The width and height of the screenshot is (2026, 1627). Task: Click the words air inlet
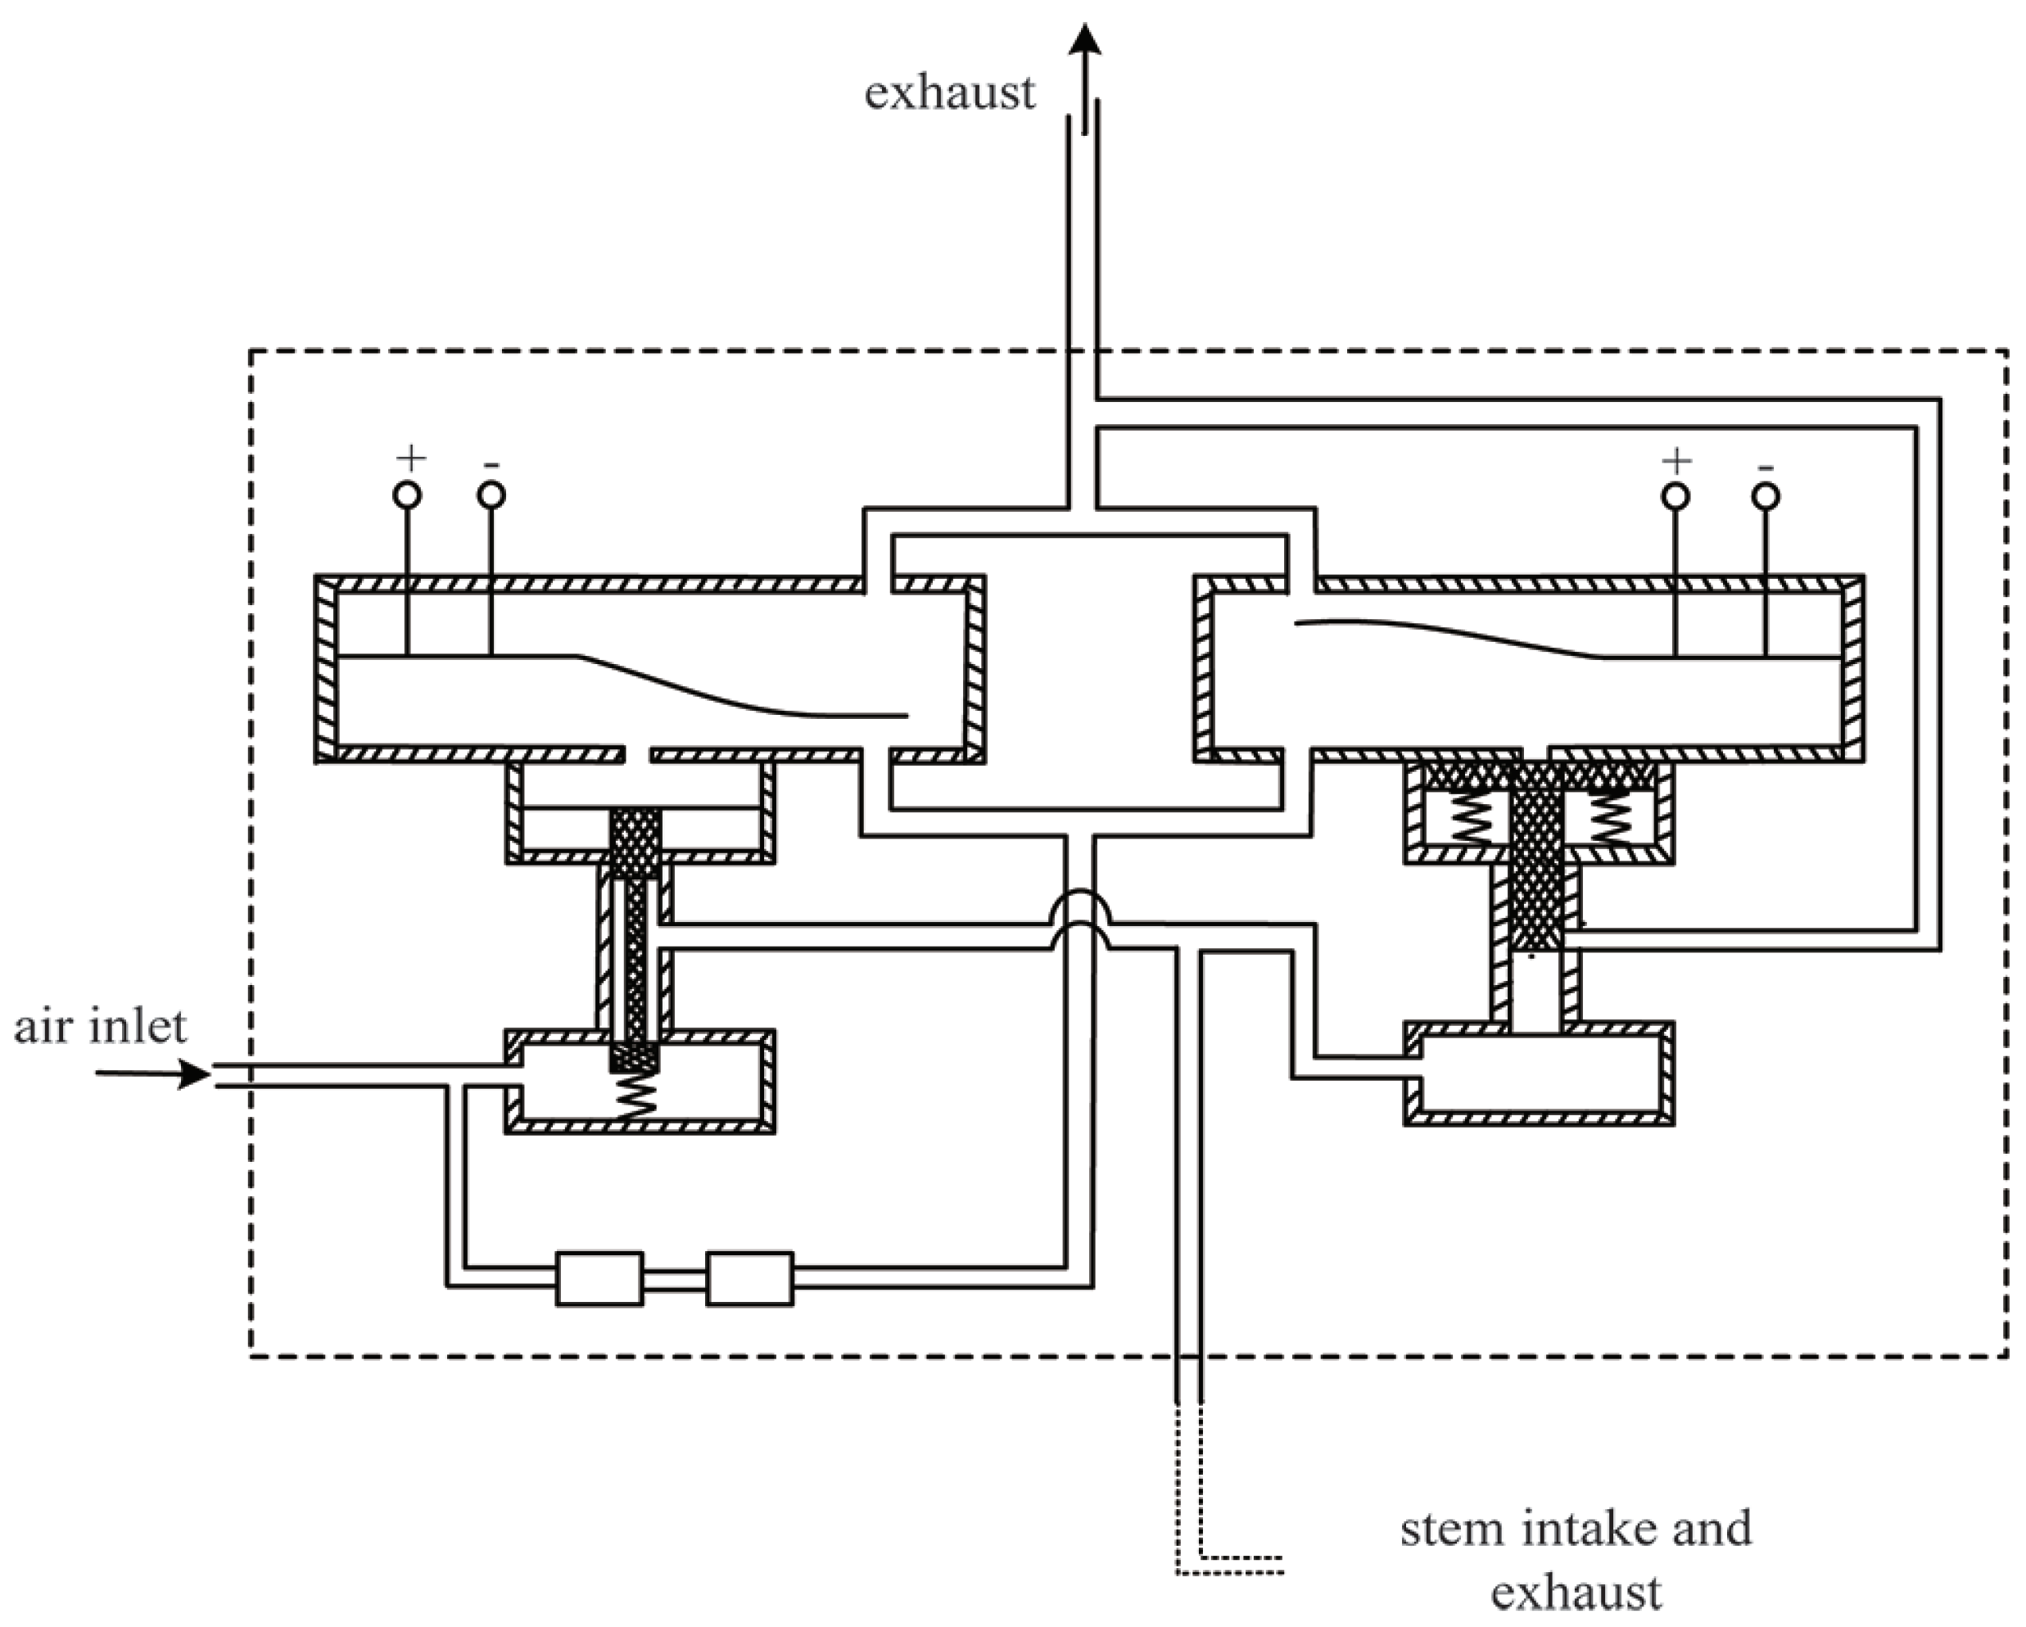coord(101,1026)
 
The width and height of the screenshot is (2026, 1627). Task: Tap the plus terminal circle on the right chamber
coord(1676,497)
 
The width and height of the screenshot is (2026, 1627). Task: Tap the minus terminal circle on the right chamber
coord(1766,497)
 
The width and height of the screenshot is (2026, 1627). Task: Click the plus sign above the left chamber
coord(410,459)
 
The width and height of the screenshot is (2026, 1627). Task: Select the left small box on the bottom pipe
coord(599,1278)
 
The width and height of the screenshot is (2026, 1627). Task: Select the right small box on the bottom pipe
coord(749,1278)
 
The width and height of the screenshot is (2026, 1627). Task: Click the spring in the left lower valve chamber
coord(636,1096)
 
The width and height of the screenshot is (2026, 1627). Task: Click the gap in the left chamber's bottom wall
coord(637,754)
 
